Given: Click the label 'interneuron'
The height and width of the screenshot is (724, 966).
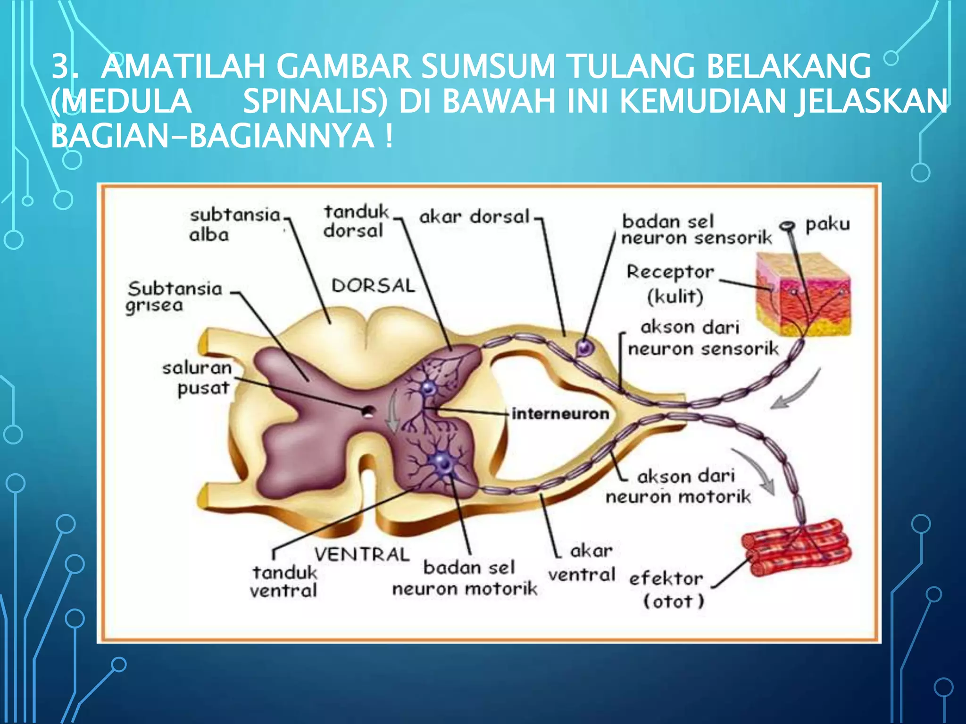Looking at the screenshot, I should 560,414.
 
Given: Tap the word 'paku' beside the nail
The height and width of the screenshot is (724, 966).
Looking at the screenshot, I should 827,224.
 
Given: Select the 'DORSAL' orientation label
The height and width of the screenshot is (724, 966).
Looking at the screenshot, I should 373,286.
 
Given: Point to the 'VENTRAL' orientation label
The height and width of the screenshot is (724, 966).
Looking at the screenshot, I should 362,554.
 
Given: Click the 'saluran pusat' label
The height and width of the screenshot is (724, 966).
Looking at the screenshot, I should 198,378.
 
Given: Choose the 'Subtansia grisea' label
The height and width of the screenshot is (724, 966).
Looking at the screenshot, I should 174,296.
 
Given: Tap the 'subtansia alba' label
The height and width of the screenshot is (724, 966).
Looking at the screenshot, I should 234,224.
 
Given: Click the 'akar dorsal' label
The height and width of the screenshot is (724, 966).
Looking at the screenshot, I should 474,217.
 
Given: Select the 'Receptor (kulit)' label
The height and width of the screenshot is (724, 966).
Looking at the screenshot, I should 671,284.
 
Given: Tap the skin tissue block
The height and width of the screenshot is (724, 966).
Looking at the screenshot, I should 803,294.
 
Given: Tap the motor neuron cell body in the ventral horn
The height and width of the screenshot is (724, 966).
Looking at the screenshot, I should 443,463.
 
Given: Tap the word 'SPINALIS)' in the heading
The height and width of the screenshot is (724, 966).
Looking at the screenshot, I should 315,101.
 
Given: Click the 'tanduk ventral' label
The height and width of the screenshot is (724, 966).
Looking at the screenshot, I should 284,581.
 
